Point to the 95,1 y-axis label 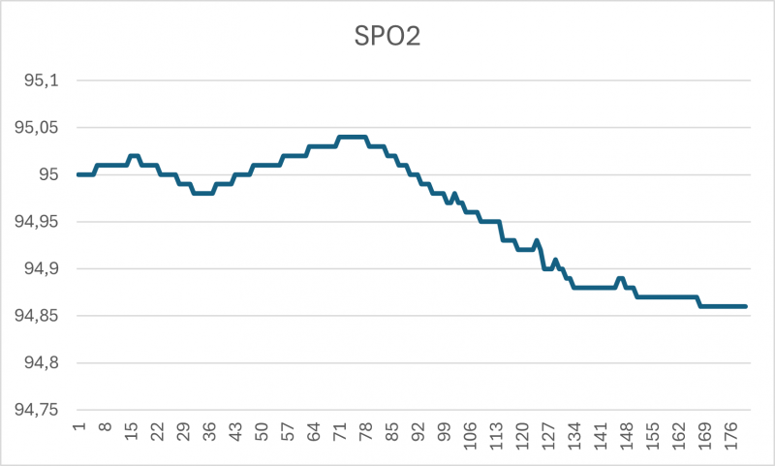(x=42, y=80)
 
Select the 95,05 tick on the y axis (x=38, y=128)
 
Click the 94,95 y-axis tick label (x=38, y=222)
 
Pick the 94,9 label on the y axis (x=42, y=268)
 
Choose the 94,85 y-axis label (x=38, y=316)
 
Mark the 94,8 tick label (x=42, y=362)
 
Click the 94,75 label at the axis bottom (x=38, y=410)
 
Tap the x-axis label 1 (x=78, y=426)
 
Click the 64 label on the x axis (x=314, y=430)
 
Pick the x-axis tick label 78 (x=366, y=430)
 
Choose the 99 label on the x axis (x=445, y=430)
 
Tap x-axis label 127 (x=549, y=433)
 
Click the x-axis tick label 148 (x=628, y=433)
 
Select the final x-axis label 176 (x=732, y=433)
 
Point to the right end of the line (x=746, y=306)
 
